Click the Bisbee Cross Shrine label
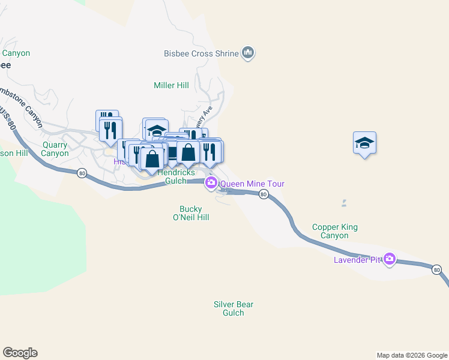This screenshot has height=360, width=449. pyautogui.click(x=200, y=53)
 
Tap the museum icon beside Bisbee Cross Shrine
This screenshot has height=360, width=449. pyautogui.click(x=247, y=53)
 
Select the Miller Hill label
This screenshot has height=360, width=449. pyautogui.click(x=171, y=85)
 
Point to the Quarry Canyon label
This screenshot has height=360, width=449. pyautogui.click(x=55, y=149)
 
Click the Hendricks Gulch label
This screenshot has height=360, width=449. pyautogui.click(x=176, y=176)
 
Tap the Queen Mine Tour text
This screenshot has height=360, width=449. pyautogui.click(x=252, y=184)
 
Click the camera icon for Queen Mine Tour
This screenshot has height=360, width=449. pyautogui.click(x=211, y=183)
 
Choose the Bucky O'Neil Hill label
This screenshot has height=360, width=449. pyautogui.click(x=190, y=213)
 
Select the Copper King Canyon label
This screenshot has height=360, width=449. pyautogui.click(x=335, y=231)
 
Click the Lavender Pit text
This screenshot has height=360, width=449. pyautogui.click(x=358, y=260)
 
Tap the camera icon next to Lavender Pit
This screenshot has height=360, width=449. pyautogui.click(x=390, y=259)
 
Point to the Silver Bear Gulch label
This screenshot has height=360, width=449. pyautogui.click(x=234, y=308)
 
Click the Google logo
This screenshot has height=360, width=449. pyautogui.click(x=20, y=353)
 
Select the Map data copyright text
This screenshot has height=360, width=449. pyautogui.click(x=412, y=355)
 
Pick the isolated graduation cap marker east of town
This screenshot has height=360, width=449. pyautogui.click(x=364, y=143)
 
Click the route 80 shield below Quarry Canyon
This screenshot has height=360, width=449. pyautogui.click(x=82, y=173)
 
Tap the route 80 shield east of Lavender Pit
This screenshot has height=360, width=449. pyautogui.click(x=436, y=270)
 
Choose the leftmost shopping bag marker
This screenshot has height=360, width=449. pyautogui.click(x=152, y=159)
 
